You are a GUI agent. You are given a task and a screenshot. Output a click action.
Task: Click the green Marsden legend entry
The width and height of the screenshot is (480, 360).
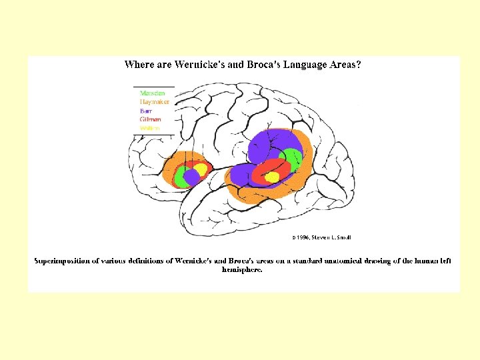click(153, 93)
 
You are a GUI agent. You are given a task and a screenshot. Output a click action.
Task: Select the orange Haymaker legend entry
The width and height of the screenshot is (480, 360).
click(155, 102)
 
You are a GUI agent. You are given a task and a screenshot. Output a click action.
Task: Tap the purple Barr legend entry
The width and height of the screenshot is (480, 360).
click(147, 111)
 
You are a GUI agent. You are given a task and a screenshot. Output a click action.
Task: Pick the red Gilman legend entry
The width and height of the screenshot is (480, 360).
click(151, 119)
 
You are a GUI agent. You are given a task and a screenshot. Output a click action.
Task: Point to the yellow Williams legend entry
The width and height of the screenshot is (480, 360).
click(150, 128)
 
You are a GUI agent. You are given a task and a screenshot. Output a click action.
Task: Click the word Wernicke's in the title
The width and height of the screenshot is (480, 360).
click(199, 65)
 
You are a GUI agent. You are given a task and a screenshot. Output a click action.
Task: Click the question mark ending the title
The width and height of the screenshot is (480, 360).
click(359, 65)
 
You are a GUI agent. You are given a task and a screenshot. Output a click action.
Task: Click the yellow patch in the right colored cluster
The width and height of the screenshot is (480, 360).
click(272, 177)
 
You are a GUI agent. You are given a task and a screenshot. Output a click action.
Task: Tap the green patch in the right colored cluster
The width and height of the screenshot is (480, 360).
click(291, 159)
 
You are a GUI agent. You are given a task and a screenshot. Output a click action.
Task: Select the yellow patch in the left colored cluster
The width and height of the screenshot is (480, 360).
click(199, 169)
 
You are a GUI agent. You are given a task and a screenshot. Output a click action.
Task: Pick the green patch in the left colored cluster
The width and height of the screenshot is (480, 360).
click(180, 178)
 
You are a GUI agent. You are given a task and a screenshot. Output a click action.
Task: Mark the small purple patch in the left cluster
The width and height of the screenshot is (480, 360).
click(191, 177)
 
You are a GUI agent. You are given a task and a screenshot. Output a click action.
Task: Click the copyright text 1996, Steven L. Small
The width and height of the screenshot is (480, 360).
click(321, 237)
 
